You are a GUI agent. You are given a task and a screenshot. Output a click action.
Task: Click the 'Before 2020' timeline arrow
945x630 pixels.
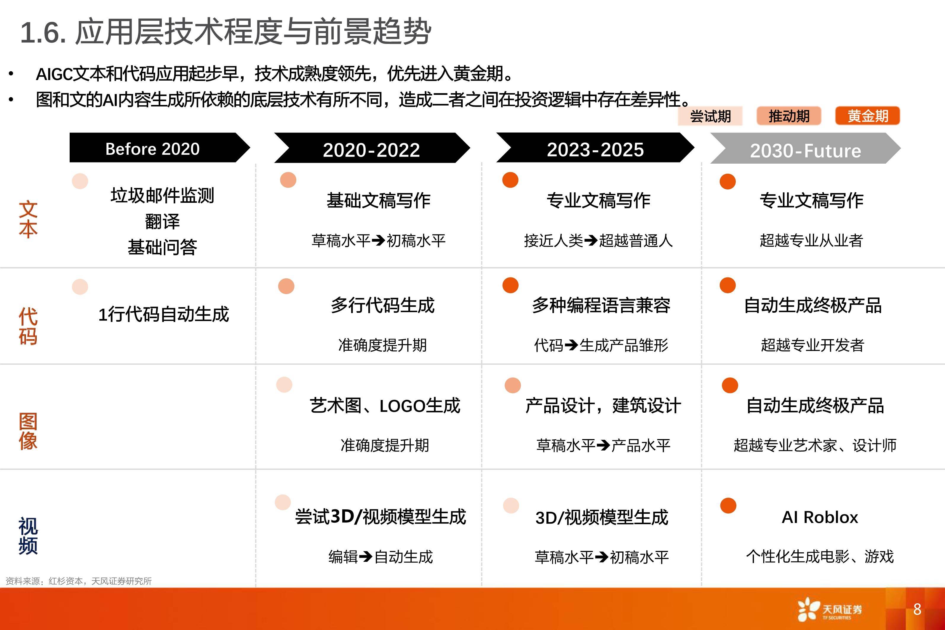[x=159, y=148]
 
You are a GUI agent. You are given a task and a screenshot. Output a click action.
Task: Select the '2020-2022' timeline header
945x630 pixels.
[x=372, y=148]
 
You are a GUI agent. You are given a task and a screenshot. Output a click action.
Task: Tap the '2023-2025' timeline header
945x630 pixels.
[x=595, y=148]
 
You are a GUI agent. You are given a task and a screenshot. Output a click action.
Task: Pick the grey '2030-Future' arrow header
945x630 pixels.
[x=805, y=148]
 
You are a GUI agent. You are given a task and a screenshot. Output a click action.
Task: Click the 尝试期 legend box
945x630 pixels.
[x=710, y=116]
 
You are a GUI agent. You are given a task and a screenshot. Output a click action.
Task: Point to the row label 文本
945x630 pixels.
[x=28, y=219]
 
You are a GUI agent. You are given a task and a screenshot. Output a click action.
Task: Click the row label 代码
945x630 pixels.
[x=28, y=326]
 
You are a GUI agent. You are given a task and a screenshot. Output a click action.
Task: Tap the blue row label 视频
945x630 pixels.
[x=28, y=536]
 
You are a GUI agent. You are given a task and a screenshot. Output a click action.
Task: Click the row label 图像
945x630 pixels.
[x=28, y=431]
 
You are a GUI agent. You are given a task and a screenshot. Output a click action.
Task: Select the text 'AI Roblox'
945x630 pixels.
[x=820, y=517]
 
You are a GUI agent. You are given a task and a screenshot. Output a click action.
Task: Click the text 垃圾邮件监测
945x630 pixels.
[x=162, y=196]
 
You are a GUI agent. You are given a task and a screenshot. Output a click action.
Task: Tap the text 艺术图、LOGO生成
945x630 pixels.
[x=385, y=406]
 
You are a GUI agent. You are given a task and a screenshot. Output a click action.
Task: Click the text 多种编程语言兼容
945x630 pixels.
[x=601, y=305]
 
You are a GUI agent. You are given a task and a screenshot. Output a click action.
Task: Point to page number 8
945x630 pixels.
[x=917, y=609]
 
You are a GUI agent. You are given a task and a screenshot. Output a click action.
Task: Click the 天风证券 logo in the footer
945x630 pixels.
[x=830, y=610]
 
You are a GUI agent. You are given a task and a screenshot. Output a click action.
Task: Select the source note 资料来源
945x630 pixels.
[x=79, y=581]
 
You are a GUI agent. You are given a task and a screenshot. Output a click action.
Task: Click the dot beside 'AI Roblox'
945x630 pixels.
[x=728, y=505]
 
